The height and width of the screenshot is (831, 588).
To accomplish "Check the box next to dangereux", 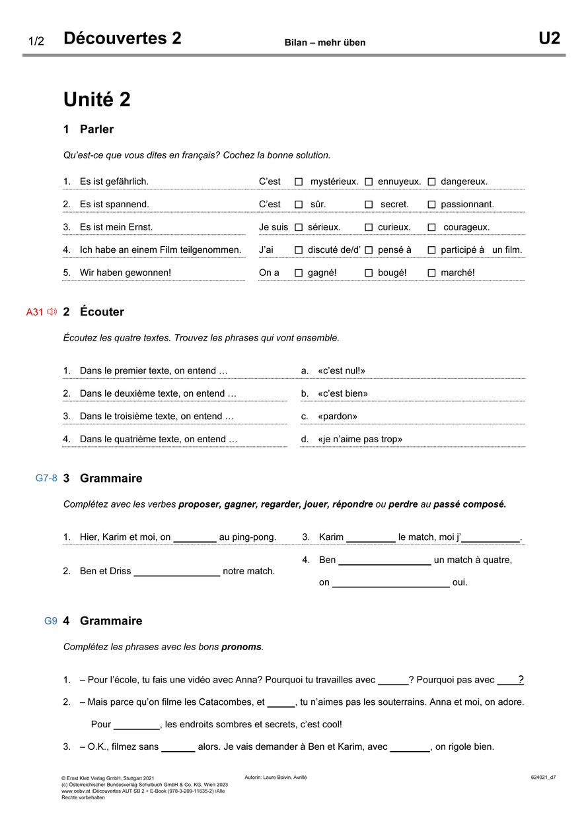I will pyautogui.click(x=431, y=182).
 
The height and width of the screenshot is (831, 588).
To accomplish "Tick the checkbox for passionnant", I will pyautogui.click(x=431, y=205).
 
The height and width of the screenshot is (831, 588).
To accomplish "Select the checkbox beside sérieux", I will pyautogui.click(x=299, y=227).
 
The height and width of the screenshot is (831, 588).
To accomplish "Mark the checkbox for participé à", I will pyautogui.click(x=431, y=250).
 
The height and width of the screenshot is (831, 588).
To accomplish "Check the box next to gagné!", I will pyautogui.click(x=299, y=273).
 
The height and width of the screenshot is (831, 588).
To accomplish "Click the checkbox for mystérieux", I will pyautogui.click(x=299, y=182).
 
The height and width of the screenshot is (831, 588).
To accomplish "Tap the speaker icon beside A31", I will pyautogui.click(x=52, y=312).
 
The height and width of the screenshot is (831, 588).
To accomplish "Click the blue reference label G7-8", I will pyautogui.click(x=46, y=478).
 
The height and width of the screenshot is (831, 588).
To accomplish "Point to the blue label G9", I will pyautogui.click(x=51, y=621).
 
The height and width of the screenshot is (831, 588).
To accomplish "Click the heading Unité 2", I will pyautogui.click(x=97, y=100).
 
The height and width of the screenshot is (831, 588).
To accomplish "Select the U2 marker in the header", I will pyautogui.click(x=549, y=38).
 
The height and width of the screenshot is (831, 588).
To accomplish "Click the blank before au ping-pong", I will pyautogui.click(x=195, y=537).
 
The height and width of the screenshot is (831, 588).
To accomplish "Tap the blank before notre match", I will pyautogui.click(x=177, y=571).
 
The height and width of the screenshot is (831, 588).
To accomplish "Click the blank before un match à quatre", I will pyautogui.click(x=384, y=560).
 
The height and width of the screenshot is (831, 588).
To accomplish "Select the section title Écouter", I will pyautogui.click(x=102, y=312).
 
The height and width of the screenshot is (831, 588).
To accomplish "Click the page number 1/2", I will pyautogui.click(x=36, y=42).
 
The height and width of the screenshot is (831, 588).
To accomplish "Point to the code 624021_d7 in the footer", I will pyautogui.click(x=543, y=778).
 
